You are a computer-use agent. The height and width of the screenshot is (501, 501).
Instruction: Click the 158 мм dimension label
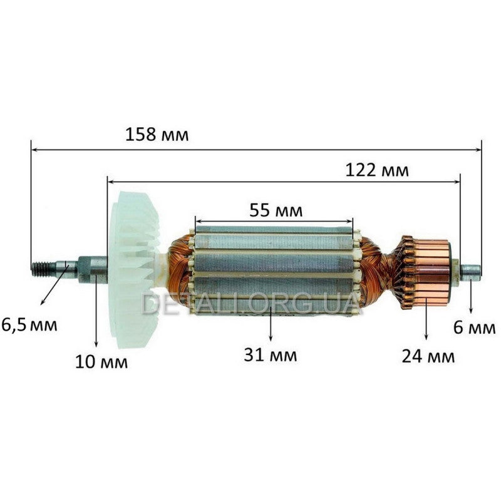coord(157,135)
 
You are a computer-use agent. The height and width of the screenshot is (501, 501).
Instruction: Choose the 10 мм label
coord(101,361)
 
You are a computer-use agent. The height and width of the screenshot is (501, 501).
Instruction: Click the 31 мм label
coord(271,355)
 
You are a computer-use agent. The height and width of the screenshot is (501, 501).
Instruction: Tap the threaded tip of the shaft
coord(41,269)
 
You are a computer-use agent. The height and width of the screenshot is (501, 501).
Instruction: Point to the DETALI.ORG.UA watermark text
coord(250,303)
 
